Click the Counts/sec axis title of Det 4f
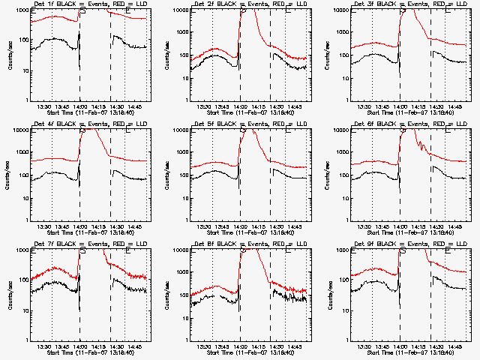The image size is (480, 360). [x=8, y=175]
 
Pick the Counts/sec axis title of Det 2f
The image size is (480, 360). [x=169, y=55]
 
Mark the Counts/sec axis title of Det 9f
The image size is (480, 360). [x=329, y=295]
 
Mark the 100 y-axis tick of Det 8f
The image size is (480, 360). [x=181, y=295]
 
